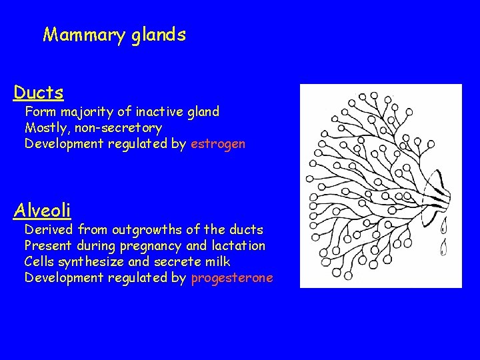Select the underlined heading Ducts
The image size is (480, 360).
pos(39,93)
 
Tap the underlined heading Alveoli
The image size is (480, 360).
pos(42,211)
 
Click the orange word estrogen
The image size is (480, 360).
pos(218,143)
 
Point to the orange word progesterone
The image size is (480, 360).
pos(232,277)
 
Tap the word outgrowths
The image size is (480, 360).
pos(146,229)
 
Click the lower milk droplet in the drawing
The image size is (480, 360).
pos(443,249)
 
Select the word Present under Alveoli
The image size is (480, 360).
pos(48,245)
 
